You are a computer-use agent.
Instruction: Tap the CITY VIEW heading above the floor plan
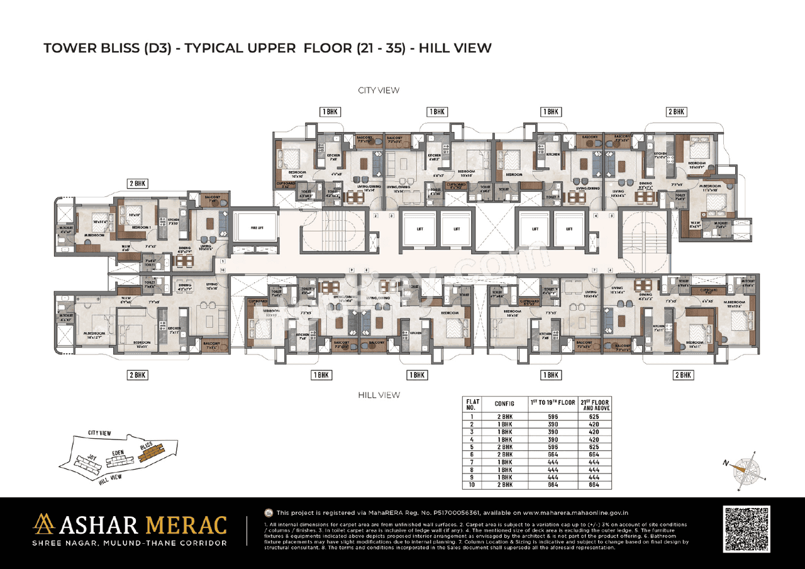point(379,91)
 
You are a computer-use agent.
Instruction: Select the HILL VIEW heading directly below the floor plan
point(379,395)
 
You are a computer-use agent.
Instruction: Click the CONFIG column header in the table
point(504,404)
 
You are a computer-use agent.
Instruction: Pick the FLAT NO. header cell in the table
point(472,404)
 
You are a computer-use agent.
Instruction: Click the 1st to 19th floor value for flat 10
point(553,484)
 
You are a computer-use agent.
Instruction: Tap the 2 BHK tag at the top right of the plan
point(676,112)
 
